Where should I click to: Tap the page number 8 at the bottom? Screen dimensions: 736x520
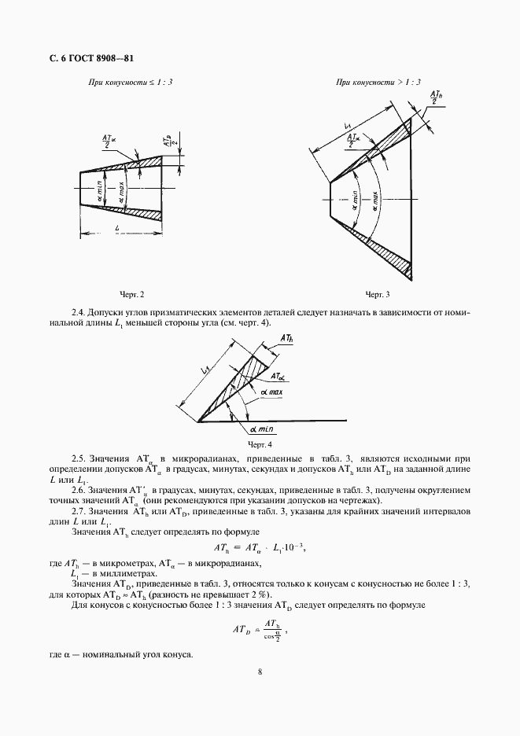259,671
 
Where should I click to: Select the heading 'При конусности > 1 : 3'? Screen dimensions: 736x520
378,82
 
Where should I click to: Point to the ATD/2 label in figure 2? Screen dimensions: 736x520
169,142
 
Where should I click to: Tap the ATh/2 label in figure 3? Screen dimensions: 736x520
434,96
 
